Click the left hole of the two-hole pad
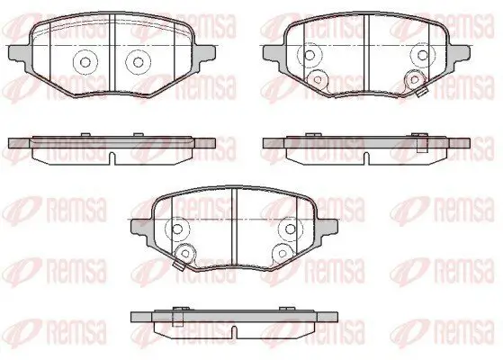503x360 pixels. (x=85, y=62)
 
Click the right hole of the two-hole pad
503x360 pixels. (x=139, y=62)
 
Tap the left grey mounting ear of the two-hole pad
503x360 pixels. (x=20, y=55)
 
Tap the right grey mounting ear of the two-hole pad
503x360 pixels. (x=203, y=55)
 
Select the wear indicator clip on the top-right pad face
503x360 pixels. (x=422, y=92)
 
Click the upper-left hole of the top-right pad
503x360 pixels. (x=310, y=55)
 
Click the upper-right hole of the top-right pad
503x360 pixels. (x=423, y=55)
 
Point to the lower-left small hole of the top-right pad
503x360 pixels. (x=318, y=79)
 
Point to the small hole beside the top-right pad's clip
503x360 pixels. (x=415, y=79)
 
